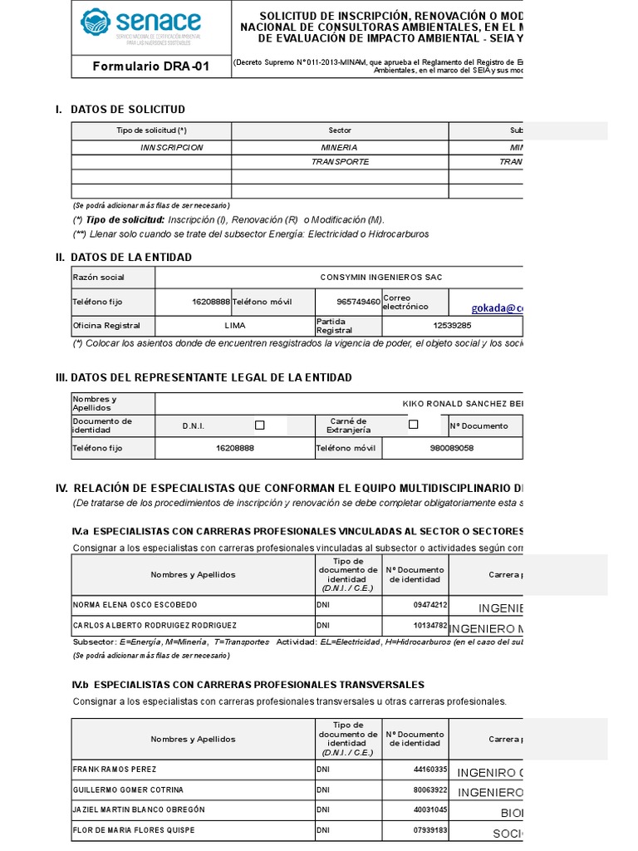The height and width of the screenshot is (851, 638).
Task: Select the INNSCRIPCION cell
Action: click(x=172, y=147)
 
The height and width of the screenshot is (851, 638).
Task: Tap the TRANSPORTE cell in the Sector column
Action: click(x=340, y=162)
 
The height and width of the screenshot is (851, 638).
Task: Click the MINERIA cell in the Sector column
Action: click(x=340, y=147)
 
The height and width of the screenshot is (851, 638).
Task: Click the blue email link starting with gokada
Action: click(x=498, y=307)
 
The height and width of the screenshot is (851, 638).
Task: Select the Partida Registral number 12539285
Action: click(x=452, y=326)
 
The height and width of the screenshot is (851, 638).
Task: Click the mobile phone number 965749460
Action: click(x=359, y=302)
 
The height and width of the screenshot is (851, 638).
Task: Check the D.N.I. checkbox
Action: click(x=259, y=425)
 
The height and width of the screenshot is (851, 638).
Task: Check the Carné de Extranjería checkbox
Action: click(x=413, y=425)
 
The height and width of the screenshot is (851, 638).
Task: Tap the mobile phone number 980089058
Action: click(x=452, y=448)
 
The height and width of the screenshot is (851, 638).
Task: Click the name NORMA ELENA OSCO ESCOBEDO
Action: click(x=135, y=605)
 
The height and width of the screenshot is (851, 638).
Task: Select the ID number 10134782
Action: click(x=430, y=625)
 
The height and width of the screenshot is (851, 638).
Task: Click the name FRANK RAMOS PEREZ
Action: click(x=115, y=770)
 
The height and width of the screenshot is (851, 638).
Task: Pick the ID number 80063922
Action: click(x=430, y=790)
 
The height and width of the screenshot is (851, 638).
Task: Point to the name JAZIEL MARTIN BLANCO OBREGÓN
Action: click(x=139, y=809)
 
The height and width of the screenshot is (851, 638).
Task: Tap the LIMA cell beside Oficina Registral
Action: click(x=235, y=326)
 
